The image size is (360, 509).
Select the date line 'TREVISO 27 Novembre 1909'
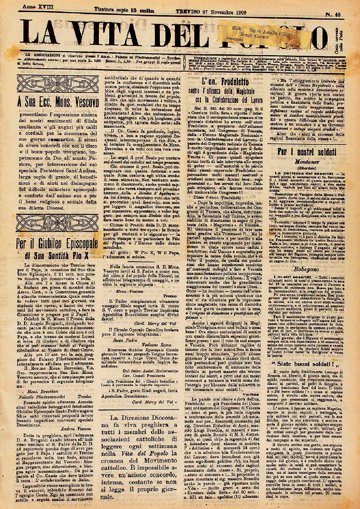tap(212, 12)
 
